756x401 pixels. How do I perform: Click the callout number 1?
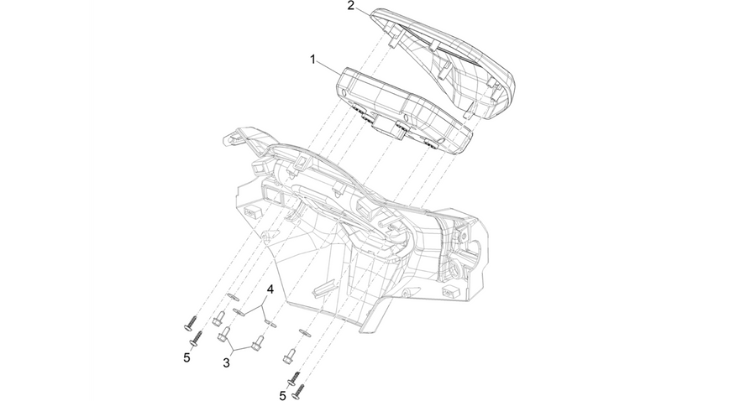[313, 60]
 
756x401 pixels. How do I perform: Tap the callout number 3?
[226, 363]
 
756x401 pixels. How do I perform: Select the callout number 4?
[270, 289]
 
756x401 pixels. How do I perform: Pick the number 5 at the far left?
[186, 358]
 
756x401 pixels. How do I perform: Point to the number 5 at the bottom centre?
[282, 396]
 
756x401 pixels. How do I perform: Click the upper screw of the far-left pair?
[191, 322]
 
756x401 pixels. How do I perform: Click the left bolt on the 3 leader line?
[223, 334]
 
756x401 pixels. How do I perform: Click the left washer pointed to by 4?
[239, 311]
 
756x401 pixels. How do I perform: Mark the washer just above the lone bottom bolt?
[305, 332]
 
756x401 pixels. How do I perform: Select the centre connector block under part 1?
[387, 126]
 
